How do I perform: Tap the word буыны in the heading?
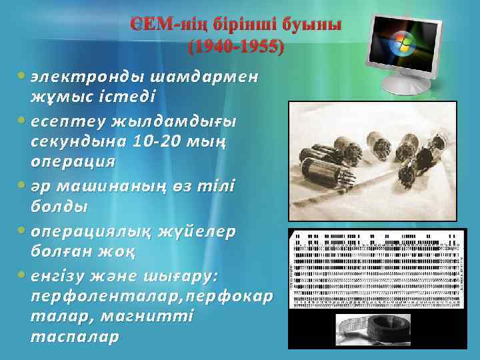311,26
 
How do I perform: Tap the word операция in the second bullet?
73,161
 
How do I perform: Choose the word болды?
59,206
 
